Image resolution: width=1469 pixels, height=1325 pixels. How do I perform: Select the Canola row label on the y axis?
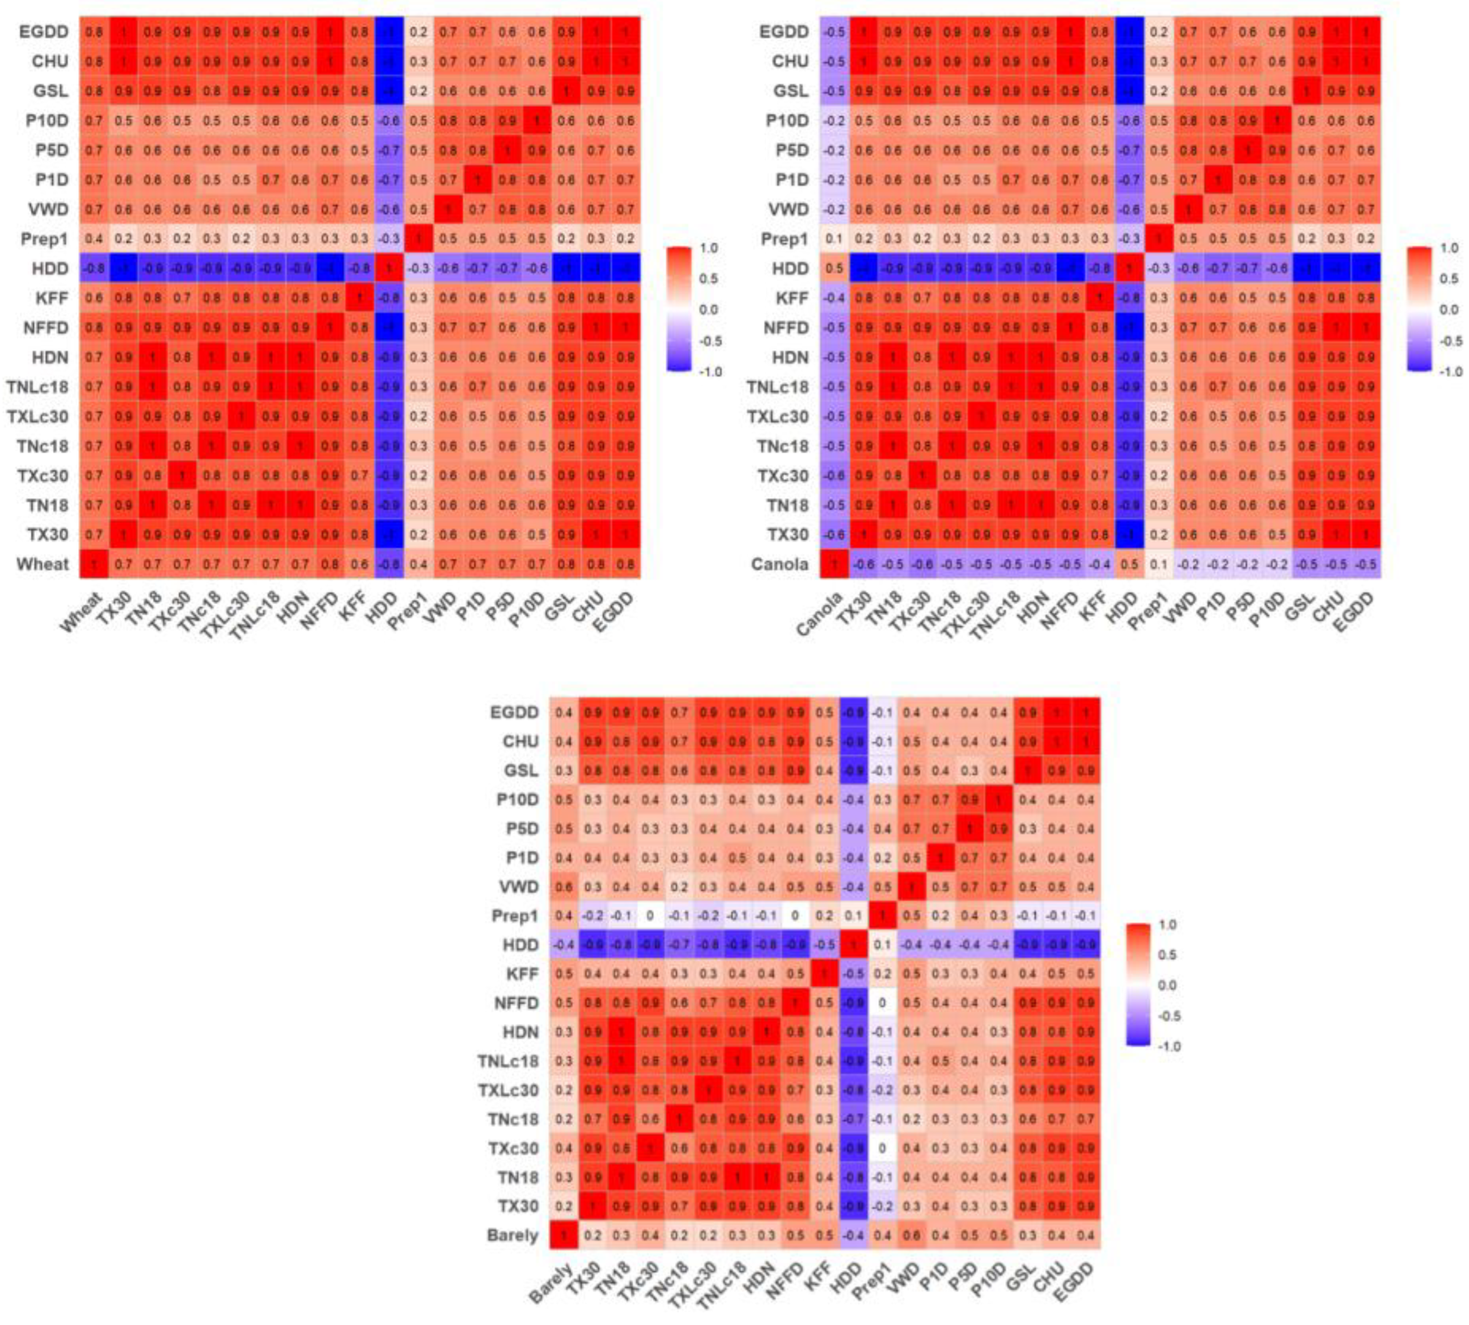[x=779, y=564]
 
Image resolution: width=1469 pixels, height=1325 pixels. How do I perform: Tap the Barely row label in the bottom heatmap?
[x=512, y=1235]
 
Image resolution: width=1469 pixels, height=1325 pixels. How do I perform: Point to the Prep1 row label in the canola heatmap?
[x=785, y=239]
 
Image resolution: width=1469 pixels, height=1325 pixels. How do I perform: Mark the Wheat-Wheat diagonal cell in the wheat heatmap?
[x=94, y=564]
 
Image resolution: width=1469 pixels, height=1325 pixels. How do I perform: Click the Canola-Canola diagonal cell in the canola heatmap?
[x=834, y=564]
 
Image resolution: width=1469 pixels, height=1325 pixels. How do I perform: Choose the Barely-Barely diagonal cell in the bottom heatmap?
[x=564, y=1235]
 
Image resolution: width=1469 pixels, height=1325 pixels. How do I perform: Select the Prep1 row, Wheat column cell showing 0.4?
[x=94, y=239]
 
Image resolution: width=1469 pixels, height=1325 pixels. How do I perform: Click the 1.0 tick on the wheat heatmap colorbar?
[x=708, y=248]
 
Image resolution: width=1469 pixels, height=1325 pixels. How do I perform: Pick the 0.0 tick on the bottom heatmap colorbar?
[x=1166, y=985]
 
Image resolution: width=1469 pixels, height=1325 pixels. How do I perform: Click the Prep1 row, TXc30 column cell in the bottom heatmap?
[x=650, y=916]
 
